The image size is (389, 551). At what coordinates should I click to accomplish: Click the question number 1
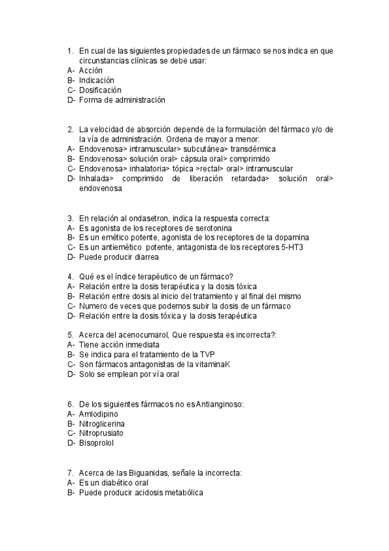(69, 50)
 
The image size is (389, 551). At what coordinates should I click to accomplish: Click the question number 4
(69, 276)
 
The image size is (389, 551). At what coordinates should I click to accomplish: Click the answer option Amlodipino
(99, 413)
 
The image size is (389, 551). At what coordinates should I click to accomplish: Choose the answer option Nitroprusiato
(102, 433)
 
